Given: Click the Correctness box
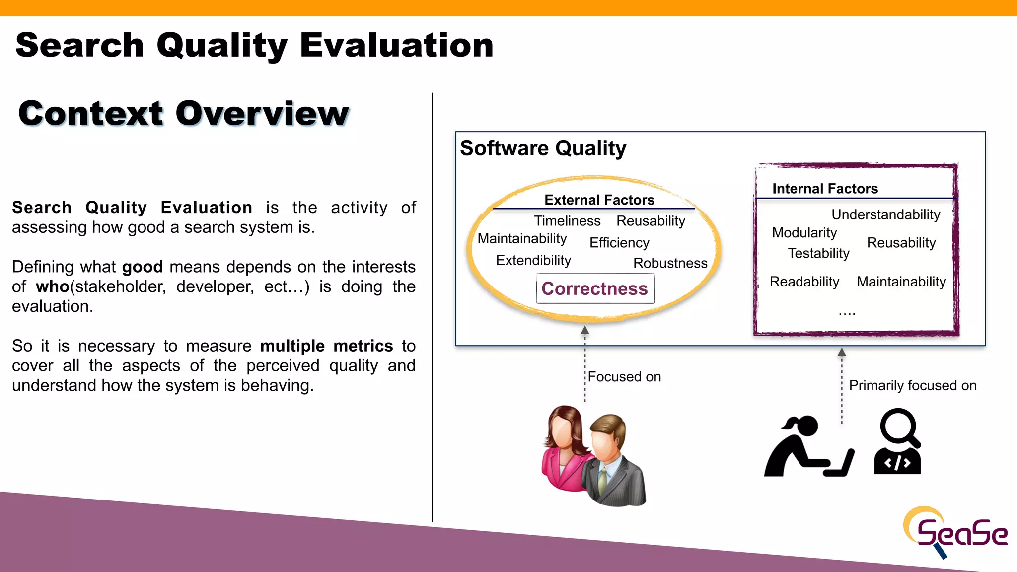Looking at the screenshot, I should tap(595, 288).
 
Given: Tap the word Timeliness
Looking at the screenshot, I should tap(567, 221).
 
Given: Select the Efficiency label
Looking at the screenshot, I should tap(619, 243).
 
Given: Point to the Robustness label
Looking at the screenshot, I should tap(670, 263).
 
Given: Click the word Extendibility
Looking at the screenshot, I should tap(533, 260).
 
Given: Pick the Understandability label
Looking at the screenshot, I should tap(885, 214).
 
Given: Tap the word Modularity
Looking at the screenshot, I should tap(804, 232).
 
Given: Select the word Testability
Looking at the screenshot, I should tap(818, 253).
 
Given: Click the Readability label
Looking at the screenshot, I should tap(804, 282).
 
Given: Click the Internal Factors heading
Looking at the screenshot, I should tap(825, 189).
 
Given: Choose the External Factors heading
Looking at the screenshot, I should tap(599, 200).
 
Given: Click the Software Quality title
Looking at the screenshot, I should tap(543, 148).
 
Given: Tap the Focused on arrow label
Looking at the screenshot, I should tap(624, 377).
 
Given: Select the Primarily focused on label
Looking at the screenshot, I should tap(912, 385).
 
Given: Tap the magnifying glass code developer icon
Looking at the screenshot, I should tap(898, 442).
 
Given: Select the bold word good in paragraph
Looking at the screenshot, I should tap(143, 267).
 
